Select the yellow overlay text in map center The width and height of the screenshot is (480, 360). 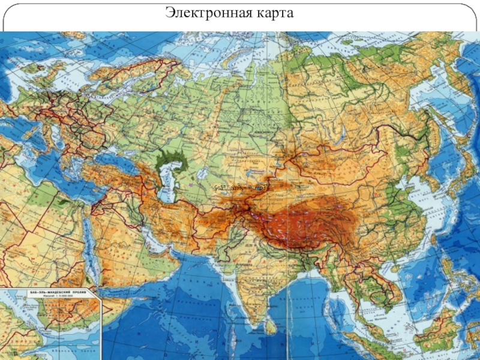238,187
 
